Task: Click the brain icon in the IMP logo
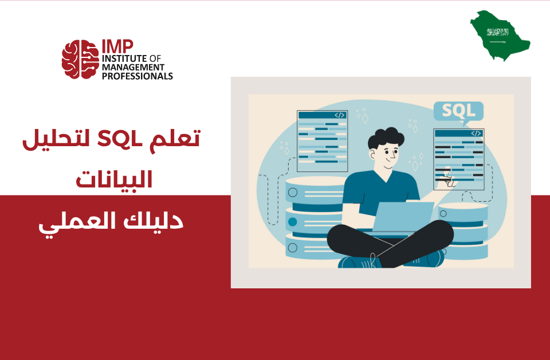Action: [x=80, y=59]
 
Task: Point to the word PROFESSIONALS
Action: [x=137, y=76]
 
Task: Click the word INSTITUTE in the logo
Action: [x=123, y=58]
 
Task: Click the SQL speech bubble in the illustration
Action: [x=458, y=111]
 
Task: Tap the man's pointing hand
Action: [x=449, y=183]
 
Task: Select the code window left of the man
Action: [x=322, y=141]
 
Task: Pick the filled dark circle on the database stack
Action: [x=293, y=222]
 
